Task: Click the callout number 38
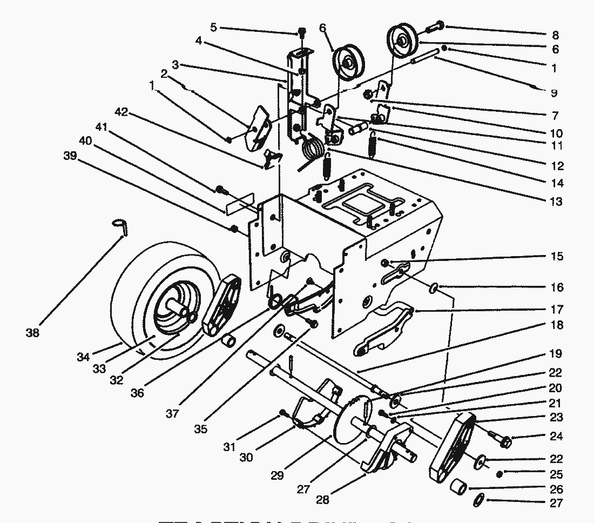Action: (32, 333)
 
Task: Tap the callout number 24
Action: (556, 436)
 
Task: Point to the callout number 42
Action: (122, 112)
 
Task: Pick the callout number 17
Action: (556, 310)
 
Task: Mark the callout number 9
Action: (553, 93)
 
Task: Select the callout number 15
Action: (556, 256)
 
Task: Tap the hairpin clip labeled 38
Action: (122, 225)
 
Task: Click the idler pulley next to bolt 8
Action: (402, 42)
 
